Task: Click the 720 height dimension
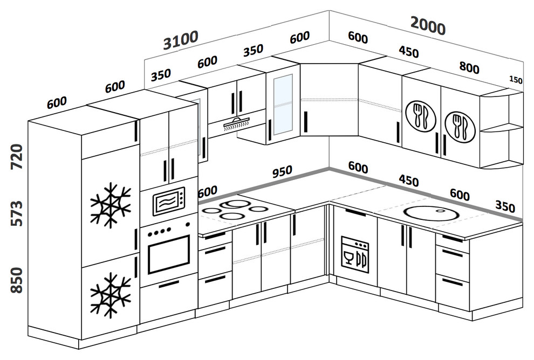click(x=17, y=157)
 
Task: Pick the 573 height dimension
click(x=17, y=213)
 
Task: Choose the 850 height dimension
click(x=17, y=280)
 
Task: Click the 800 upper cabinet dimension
click(x=469, y=67)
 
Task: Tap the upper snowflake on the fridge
click(x=111, y=204)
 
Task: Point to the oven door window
click(x=168, y=254)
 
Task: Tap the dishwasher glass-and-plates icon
click(x=355, y=254)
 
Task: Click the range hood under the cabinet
click(x=236, y=123)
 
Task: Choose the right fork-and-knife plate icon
click(x=457, y=125)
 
